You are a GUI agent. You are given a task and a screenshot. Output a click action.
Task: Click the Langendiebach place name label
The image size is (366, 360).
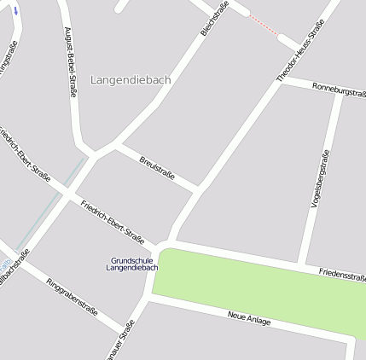coord(131,79)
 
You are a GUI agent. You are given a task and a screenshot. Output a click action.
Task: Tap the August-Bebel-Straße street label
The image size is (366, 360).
coord(70,61)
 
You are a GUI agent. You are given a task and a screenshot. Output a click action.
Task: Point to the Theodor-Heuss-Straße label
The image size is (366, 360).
coord(299,52)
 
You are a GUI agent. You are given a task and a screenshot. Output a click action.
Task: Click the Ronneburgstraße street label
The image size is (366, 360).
coord(339,89)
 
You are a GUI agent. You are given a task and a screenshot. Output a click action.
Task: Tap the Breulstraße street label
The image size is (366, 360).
coord(157,167)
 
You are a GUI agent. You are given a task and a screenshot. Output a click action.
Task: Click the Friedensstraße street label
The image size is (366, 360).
coord(342,275)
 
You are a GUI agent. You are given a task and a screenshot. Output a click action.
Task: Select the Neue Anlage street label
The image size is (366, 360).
coord(249,319)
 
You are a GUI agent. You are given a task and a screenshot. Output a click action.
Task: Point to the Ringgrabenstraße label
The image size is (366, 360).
coord(72,303)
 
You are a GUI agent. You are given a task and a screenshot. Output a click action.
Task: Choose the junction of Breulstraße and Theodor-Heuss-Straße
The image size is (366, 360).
coord(198,189)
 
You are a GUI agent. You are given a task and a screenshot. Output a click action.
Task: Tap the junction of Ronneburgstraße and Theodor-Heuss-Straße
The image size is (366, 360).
coord(279,80)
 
